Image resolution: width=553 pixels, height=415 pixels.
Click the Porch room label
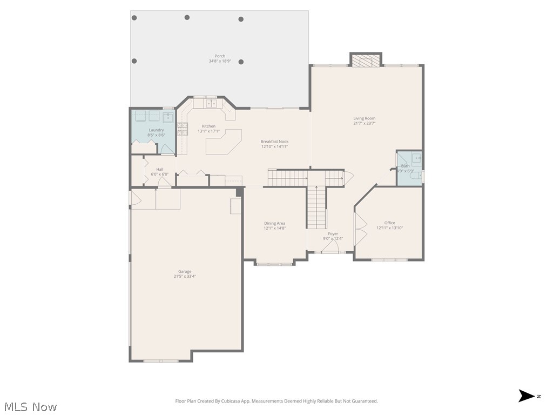[x=220, y=56]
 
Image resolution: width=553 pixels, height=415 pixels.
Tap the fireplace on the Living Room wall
[x=366, y=61]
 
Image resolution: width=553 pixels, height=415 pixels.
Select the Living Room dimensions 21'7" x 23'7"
[x=364, y=123]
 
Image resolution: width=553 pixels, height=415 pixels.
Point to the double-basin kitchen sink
[x=211, y=103]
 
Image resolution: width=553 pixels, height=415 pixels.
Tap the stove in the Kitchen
[x=183, y=129]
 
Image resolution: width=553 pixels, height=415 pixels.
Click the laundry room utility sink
[x=168, y=117]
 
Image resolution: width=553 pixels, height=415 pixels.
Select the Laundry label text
[x=156, y=130]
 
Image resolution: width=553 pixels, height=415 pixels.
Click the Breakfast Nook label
[x=274, y=142]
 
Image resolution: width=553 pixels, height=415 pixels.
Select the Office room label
[x=389, y=223]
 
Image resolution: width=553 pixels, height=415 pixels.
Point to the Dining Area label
[x=274, y=223]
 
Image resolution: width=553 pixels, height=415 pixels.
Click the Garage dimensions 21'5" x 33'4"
[x=185, y=276]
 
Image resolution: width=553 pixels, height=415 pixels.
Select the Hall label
[x=160, y=169]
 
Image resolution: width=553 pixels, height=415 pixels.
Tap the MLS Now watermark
[x=30, y=406]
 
